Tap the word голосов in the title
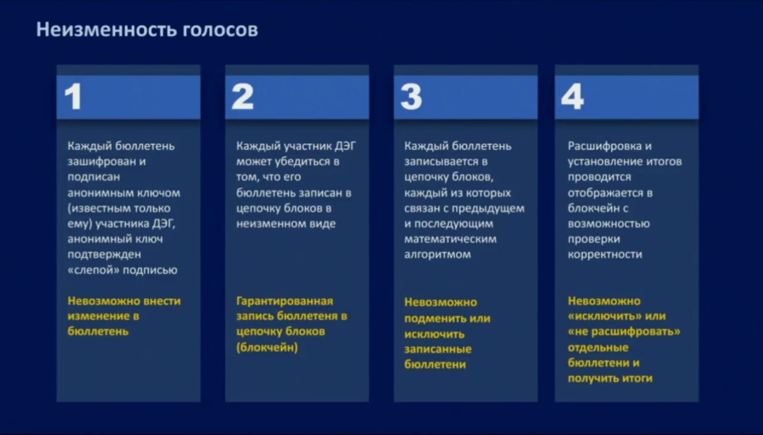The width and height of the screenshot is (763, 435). click(x=220, y=30)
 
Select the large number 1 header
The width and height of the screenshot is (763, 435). click(x=73, y=97)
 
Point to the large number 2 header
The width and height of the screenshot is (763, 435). click(x=243, y=97)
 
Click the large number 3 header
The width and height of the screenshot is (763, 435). click(x=411, y=97)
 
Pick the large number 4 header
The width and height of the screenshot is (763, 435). click(x=572, y=97)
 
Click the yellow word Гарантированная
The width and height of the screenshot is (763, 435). click(x=285, y=301)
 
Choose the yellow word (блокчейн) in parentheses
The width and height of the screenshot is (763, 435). click(x=267, y=347)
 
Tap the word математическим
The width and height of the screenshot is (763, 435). click(x=450, y=239)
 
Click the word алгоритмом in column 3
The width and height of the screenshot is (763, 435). click(x=437, y=255)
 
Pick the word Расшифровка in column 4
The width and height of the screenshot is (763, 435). click(x=605, y=146)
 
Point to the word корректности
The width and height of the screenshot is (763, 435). click(x=605, y=255)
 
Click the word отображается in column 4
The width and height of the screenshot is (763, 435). click(x=606, y=193)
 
